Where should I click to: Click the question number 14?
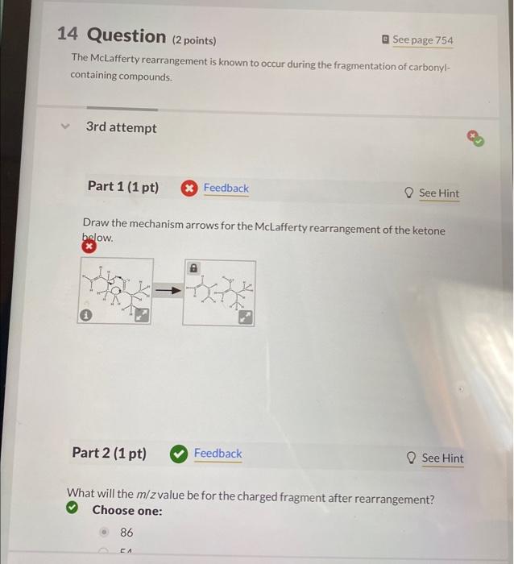point(68,35)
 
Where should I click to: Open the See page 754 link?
point(422,40)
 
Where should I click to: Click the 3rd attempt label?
point(122,127)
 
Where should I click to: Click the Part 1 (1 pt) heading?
point(122,187)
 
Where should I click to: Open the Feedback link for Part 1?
point(226,188)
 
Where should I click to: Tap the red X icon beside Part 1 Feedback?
point(189,189)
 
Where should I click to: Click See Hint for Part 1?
point(438,193)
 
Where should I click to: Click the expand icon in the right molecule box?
point(245,317)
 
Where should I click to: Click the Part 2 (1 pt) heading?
point(110,453)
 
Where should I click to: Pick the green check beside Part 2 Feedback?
point(178,454)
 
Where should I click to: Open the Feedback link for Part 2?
point(218,454)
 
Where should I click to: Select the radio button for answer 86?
point(105,533)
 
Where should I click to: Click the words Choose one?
point(126,511)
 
